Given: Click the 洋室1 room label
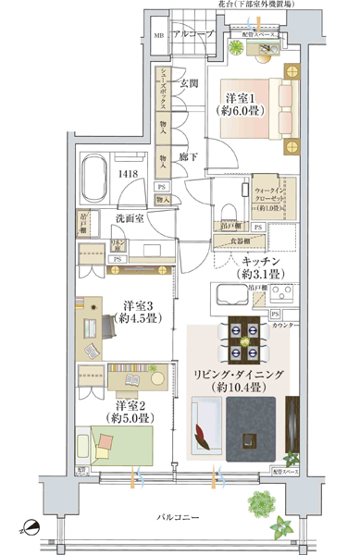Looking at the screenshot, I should [x=243, y=103].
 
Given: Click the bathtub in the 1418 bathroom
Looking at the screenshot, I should [x=93, y=173].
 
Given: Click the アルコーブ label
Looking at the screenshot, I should [x=192, y=34].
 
